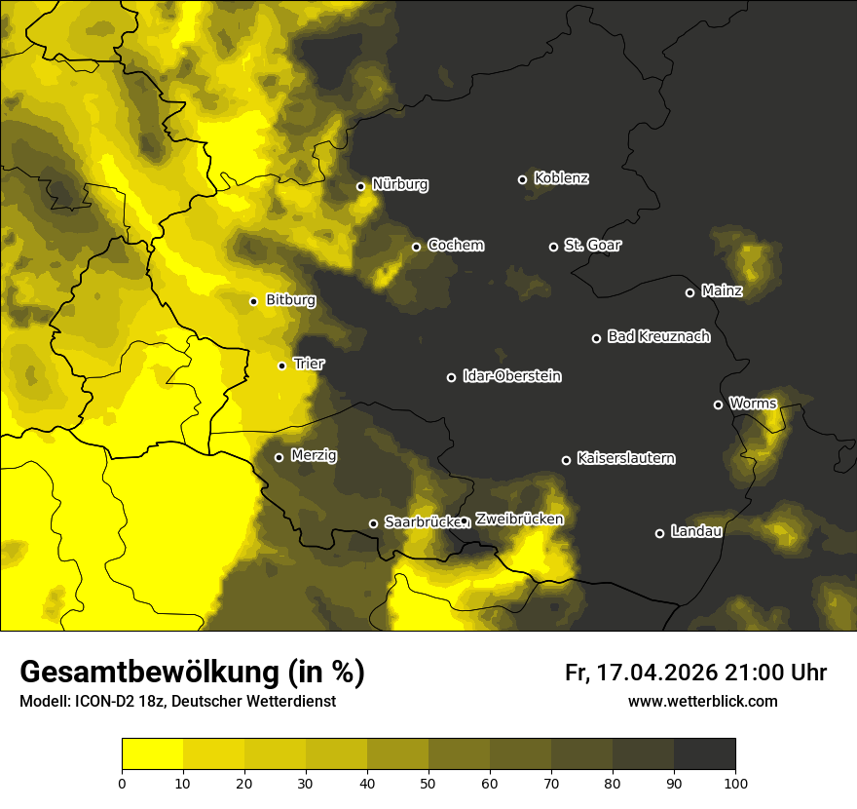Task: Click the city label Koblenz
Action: (x=562, y=178)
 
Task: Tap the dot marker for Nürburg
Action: (x=360, y=186)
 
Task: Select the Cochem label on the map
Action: (x=455, y=246)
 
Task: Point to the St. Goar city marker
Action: (x=553, y=247)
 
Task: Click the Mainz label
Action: (x=722, y=291)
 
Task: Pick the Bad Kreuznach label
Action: (x=658, y=337)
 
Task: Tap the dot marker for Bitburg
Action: (x=253, y=301)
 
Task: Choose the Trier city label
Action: (x=309, y=365)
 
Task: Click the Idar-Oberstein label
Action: (x=511, y=376)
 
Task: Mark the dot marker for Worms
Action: (x=718, y=404)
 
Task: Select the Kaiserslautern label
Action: (x=625, y=458)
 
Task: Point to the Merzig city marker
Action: (x=279, y=457)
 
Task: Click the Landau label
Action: (x=696, y=532)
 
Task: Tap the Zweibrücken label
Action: (x=519, y=520)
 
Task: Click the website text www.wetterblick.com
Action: (x=702, y=701)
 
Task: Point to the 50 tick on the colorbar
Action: (x=428, y=782)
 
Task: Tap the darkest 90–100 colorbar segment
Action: (x=704, y=753)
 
